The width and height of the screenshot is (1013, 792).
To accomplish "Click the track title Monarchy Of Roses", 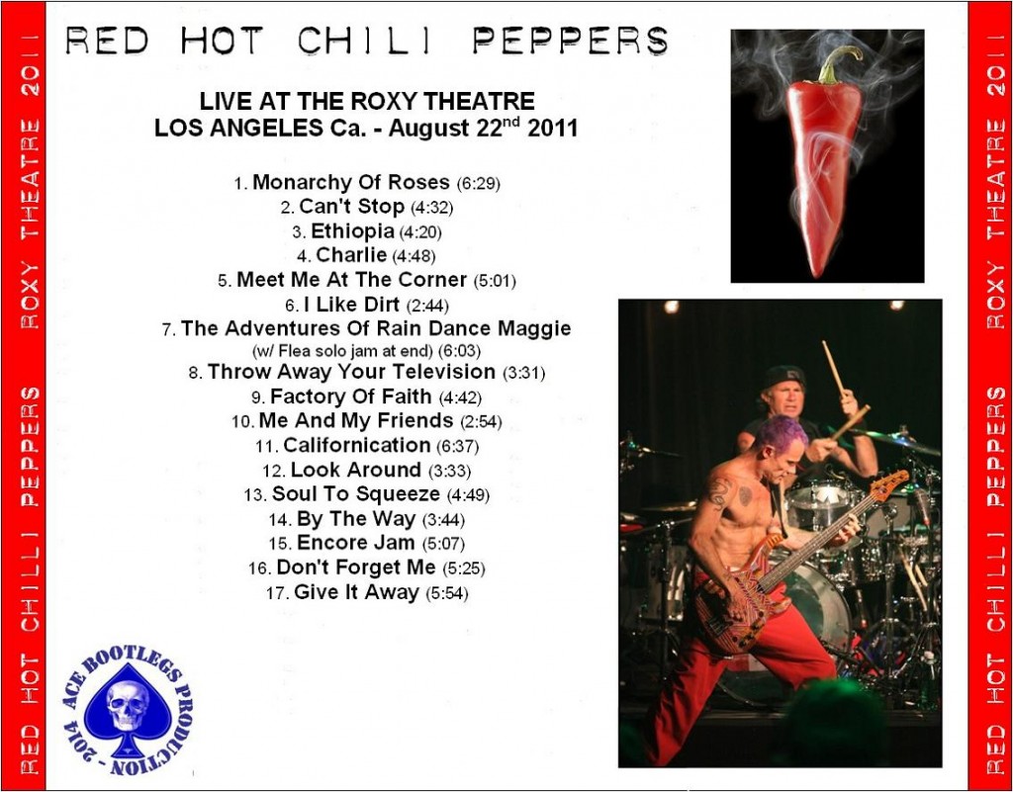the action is point(351,183).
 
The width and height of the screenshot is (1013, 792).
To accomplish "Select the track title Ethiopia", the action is point(352,231).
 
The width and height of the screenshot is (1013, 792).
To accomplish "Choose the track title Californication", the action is point(356,445).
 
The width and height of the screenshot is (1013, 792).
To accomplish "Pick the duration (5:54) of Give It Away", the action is point(447,593).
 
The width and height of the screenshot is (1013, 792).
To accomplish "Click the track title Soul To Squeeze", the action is point(355,494).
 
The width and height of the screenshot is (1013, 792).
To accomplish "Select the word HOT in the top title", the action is point(221,40).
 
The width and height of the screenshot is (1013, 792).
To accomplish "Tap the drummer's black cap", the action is point(783,376).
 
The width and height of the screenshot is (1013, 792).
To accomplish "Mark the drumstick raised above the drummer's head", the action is point(833,367).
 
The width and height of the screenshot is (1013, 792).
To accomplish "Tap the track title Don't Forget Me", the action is point(355,568).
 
